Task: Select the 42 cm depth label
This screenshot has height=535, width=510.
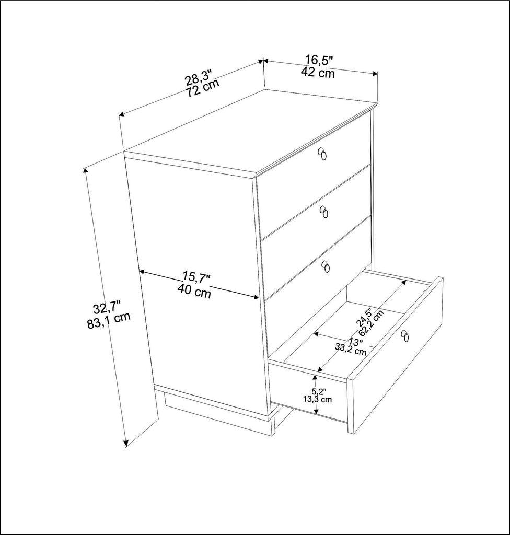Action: point(318,73)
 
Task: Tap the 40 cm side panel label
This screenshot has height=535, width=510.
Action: point(194,293)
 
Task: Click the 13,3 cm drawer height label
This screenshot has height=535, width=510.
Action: point(317,399)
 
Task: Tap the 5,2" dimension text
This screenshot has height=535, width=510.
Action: point(319,391)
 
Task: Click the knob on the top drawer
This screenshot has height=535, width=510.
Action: point(323,154)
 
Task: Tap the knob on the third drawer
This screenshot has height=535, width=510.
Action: point(326,266)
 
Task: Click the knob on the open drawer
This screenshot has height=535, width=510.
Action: point(404,336)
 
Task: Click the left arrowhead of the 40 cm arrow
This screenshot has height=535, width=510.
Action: point(142,271)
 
